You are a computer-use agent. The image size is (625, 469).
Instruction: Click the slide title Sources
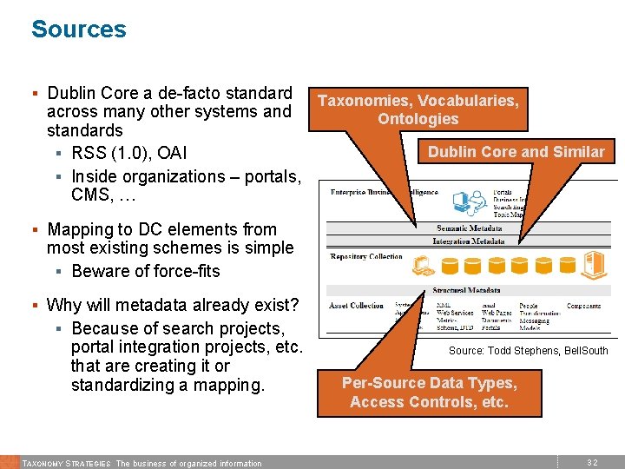click(x=78, y=30)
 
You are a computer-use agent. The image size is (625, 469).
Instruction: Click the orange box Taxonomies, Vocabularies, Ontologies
click(x=418, y=109)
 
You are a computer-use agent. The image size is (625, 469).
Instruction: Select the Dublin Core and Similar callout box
click(x=516, y=152)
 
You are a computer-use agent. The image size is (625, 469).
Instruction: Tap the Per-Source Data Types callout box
click(x=429, y=393)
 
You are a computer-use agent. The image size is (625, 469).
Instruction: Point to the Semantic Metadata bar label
click(x=469, y=228)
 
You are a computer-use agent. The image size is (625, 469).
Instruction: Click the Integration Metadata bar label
click(x=469, y=241)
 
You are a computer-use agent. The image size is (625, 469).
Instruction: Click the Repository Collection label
click(x=366, y=257)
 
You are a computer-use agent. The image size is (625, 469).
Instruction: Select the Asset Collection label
click(x=356, y=306)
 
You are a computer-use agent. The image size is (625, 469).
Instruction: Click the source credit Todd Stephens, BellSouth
click(x=528, y=351)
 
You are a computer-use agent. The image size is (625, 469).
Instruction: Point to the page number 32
click(x=592, y=463)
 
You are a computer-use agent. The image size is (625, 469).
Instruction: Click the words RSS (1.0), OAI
click(x=129, y=154)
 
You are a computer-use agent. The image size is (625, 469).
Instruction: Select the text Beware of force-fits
click(x=146, y=271)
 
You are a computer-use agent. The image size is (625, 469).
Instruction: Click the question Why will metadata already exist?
click(x=173, y=305)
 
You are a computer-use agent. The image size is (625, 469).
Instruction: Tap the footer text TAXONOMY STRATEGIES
click(x=66, y=463)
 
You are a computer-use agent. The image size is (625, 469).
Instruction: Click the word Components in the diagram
click(x=583, y=307)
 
